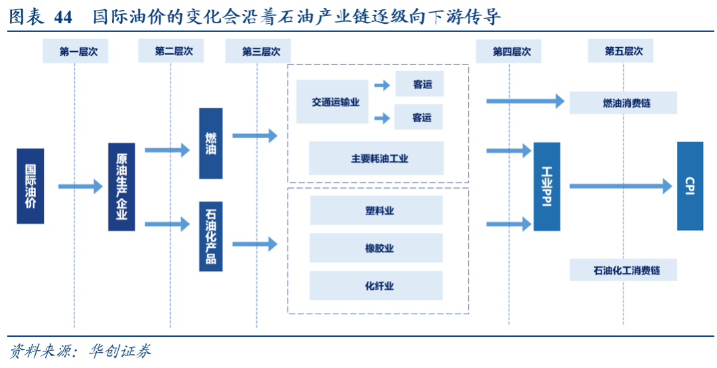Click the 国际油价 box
(30, 186)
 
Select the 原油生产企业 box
(121, 187)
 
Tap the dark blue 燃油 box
(210, 143)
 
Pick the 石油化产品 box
(210, 236)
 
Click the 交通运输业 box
(332, 102)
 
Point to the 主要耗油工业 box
(376, 158)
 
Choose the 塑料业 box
(376, 211)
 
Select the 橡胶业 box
(376, 248)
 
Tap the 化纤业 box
(376, 286)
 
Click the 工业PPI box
(546, 187)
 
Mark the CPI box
(690, 186)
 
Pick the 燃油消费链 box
(623, 103)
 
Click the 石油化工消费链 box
(623, 270)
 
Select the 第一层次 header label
(75, 51)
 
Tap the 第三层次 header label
(258, 51)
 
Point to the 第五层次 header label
(620, 51)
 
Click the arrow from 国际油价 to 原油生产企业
(80, 187)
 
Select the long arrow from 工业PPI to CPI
(621, 187)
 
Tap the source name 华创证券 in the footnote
(120, 351)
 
